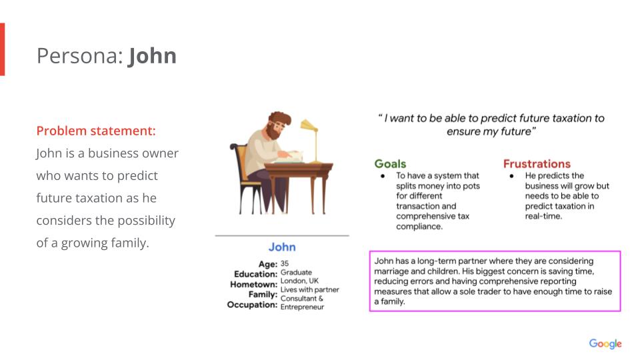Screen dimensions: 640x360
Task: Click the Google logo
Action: coord(605,344)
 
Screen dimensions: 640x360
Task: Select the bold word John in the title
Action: coord(152,55)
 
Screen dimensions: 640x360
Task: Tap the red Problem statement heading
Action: coord(96,131)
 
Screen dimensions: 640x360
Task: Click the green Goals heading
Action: coord(390,164)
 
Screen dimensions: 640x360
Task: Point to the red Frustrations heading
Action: coord(537,164)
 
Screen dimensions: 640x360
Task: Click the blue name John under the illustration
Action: coord(282,247)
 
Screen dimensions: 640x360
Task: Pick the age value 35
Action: coord(285,264)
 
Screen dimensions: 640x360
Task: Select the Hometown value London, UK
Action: coord(299,281)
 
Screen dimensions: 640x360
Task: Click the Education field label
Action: coord(255,274)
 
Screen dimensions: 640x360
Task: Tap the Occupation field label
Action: coord(252,305)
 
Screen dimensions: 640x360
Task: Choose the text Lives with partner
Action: coord(310,289)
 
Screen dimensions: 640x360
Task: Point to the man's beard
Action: coord(273,132)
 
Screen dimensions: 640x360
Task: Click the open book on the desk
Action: coord(293,157)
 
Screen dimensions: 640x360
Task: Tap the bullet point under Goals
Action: coord(383,176)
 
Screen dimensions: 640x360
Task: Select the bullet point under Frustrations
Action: coord(511,176)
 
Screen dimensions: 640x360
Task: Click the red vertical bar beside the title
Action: coord(3,49)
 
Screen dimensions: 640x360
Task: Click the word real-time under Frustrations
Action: coord(543,216)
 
